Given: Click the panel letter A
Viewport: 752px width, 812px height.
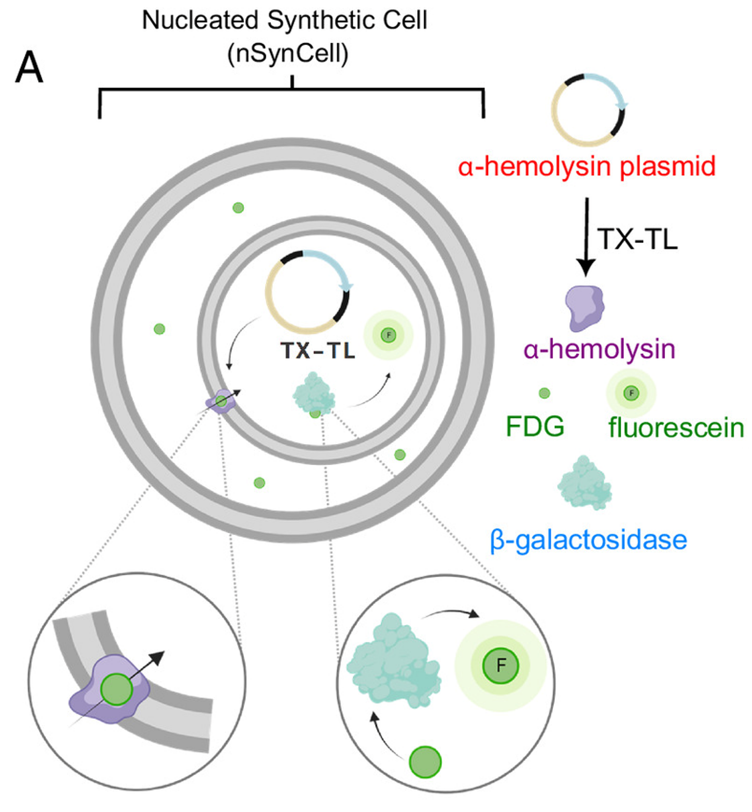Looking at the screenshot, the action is [29, 67].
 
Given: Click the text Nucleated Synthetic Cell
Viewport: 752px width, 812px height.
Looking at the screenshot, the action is [285, 20].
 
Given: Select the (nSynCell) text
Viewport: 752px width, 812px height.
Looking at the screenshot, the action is [288, 54].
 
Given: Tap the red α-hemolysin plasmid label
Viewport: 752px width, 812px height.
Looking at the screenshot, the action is [586, 166].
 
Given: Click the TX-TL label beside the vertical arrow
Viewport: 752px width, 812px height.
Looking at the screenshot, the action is [637, 239].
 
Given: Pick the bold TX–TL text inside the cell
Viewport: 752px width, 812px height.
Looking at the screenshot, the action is [318, 350].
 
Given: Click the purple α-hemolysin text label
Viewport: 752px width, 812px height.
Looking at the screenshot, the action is [599, 349].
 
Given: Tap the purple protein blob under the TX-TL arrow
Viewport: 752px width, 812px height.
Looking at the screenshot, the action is [585, 308].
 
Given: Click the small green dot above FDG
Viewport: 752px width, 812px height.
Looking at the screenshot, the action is [544, 393].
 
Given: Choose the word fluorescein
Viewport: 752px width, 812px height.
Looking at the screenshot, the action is [676, 427].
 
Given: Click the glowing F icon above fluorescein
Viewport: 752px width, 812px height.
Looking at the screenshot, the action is [631, 393].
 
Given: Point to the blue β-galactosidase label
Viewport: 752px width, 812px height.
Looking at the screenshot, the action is [588, 540].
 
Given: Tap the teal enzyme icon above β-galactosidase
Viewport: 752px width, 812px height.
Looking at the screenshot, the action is [584, 483].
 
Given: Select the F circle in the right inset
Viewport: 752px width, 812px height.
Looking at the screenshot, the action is [500, 665].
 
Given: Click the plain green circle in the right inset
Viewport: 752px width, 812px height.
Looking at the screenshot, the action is [425, 762].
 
